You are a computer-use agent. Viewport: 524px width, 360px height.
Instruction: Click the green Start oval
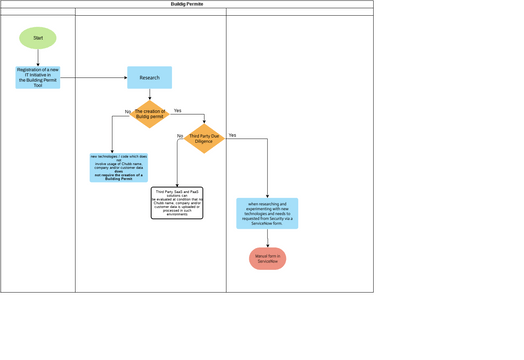click(38, 38)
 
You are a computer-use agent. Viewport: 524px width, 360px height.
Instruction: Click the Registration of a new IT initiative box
click(38, 77)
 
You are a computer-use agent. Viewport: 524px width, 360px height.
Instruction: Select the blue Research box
click(149, 77)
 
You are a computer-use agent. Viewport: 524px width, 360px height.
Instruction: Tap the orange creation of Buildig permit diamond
click(150, 114)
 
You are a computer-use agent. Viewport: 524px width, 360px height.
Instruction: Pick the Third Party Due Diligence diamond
click(204, 139)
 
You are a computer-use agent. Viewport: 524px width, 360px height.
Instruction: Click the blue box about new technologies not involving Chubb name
click(118, 167)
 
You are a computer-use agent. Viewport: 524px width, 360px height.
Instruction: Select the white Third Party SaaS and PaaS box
click(177, 202)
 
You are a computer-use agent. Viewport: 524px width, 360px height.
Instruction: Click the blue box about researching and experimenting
click(267, 213)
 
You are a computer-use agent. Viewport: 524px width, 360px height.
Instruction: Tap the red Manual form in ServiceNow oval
click(267, 258)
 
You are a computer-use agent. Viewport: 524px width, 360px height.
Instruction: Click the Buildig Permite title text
click(187, 4)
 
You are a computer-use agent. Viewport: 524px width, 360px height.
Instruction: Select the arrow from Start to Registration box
click(38, 58)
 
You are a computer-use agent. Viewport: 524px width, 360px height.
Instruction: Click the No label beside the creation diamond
click(128, 112)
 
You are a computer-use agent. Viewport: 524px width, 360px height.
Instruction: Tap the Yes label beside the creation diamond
click(177, 110)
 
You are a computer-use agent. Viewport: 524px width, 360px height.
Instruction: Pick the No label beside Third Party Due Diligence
click(180, 136)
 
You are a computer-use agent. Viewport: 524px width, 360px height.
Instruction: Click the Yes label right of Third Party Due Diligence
click(232, 135)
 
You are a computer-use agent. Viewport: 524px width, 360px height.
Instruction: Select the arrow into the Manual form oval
click(267, 238)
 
